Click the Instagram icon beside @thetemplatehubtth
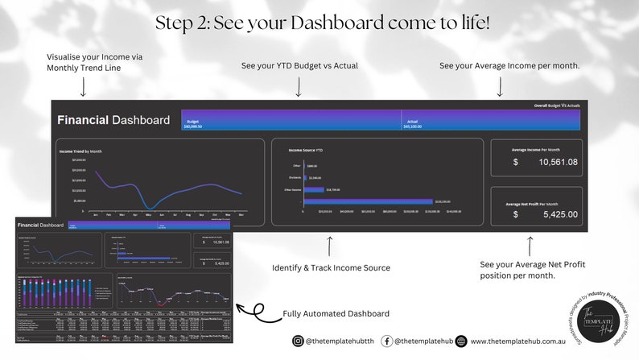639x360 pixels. point(299,341)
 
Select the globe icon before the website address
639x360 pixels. point(461,341)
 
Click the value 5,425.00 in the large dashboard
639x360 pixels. point(555,215)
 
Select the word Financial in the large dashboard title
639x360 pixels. point(83,120)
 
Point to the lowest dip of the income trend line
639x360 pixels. point(150,207)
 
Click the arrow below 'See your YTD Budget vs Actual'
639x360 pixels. point(299,85)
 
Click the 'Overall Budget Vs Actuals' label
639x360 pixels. point(556,106)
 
